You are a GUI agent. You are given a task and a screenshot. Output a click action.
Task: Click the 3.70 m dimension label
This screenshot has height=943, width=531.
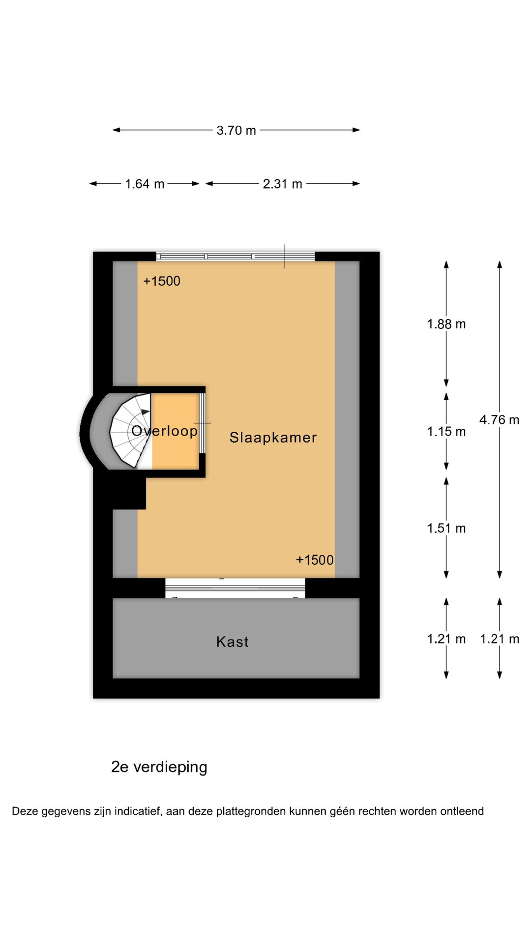point(236,130)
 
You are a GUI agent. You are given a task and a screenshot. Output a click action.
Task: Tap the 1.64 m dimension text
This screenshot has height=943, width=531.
point(145,184)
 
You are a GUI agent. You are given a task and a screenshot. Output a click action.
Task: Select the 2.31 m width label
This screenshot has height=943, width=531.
point(282,184)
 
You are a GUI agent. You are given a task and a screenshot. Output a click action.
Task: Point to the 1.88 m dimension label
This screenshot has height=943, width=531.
point(446,324)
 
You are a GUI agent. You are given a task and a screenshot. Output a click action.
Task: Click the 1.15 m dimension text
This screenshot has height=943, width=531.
point(446,432)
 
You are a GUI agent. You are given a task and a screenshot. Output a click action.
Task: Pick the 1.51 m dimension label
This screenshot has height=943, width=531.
point(446,528)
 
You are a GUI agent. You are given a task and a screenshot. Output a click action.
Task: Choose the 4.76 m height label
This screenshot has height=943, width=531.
point(499,420)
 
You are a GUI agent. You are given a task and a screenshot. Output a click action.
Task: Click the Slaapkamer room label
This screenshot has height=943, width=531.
point(273,438)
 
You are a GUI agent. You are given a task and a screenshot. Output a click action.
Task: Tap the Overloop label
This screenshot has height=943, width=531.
point(164,431)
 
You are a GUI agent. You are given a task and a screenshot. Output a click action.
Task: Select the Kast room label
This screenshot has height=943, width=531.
point(233,642)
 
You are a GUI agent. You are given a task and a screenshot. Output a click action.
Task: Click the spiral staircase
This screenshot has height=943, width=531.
point(130,431)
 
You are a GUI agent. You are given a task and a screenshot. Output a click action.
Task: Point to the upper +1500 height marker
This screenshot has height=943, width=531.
point(162,281)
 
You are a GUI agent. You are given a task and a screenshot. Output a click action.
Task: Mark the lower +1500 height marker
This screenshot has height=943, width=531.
point(315,560)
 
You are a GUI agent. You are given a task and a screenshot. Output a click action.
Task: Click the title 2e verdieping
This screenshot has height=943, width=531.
point(159,767)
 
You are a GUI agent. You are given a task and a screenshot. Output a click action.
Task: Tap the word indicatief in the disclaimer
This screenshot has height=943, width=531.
point(138,811)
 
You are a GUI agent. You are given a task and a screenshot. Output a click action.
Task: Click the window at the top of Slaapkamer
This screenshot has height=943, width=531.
point(236,256)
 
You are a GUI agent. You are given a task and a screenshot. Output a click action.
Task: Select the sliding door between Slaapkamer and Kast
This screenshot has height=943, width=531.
point(235,588)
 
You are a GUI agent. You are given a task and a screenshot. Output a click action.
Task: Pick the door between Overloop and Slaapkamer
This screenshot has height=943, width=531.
point(202,423)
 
